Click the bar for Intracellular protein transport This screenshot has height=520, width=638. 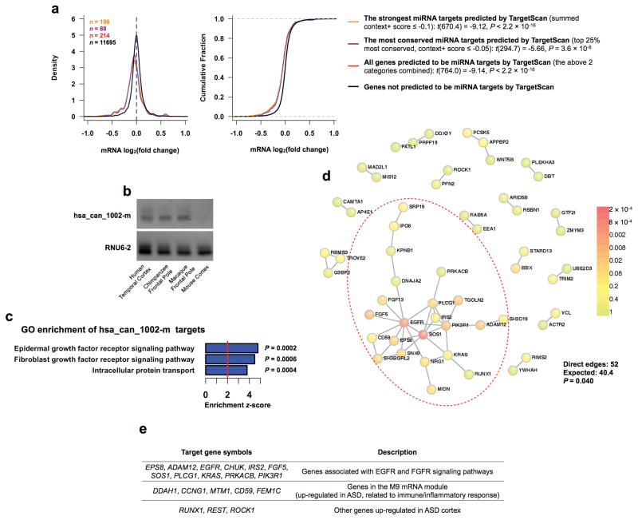[x=226, y=371]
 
